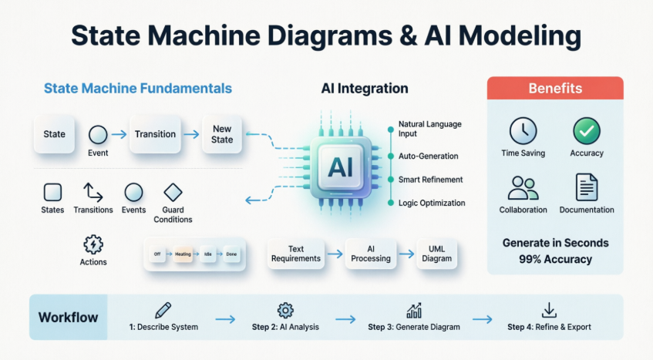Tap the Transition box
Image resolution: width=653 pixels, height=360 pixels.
pyautogui.click(x=155, y=134)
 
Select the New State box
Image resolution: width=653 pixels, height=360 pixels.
pyautogui.click(x=221, y=134)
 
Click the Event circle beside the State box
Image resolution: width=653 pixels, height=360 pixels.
pyautogui.click(x=98, y=135)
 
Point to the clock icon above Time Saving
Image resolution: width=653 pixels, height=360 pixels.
pyautogui.click(x=523, y=130)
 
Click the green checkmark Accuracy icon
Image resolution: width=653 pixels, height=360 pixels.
pyautogui.click(x=586, y=130)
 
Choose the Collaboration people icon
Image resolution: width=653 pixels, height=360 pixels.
pyautogui.click(x=523, y=187)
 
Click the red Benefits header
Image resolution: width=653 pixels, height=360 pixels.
pyautogui.click(x=555, y=89)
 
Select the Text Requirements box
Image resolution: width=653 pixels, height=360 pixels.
pyautogui.click(x=296, y=254)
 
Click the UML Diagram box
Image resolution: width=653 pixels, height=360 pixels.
pyautogui.click(x=436, y=254)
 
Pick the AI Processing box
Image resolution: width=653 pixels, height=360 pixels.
pyautogui.click(x=371, y=254)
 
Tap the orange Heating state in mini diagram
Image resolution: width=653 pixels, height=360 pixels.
pyautogui.click(x=183, y=254)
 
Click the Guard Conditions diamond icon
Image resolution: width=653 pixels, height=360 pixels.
pyautogui.click(x=173, y=192)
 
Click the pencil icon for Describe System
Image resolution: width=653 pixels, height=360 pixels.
pyautogui.click(x=163, y=310)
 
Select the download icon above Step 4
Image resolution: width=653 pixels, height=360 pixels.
pyautogui.click(x=549, y=310)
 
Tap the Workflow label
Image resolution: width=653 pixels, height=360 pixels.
pyautogui.click(x=67, y=317)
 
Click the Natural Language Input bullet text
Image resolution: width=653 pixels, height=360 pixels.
pyautogui.click(x=429, y=129)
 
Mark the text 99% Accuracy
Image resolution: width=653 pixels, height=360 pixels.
pyautogui.click(x=555, y=259)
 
